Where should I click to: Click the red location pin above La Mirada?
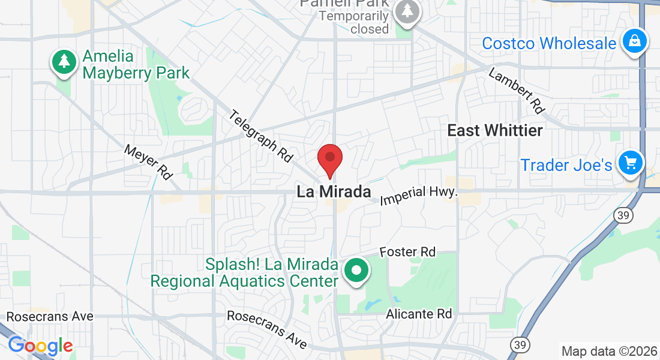(x=329, y=159)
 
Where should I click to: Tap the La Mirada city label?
(x=334, y=192)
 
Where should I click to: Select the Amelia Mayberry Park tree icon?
(x=64, y=61)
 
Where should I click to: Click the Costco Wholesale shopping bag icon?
(x=634, y=41)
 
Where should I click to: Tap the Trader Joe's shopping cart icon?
(x=630, y=162)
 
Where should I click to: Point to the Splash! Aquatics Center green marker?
(x=357, y=270)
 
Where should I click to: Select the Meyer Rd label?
(x=148, y=162)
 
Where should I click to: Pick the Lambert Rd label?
(x=516, y=91)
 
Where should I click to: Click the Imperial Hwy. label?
(x=419, y=194)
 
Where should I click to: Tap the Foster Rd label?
(x=407, y=252)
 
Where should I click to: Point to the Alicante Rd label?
(x=418, y=314)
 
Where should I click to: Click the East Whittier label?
(x=495, y=130)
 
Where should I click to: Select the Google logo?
(x=40, y=346)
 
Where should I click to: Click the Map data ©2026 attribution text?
(x=609, y=351)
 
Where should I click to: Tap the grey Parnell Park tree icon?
(x=408, y=11)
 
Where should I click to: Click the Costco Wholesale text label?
(x=549, y=43)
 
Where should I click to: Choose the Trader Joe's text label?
(x=566, y=165)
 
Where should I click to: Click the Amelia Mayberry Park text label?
(x=136, y=65)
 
